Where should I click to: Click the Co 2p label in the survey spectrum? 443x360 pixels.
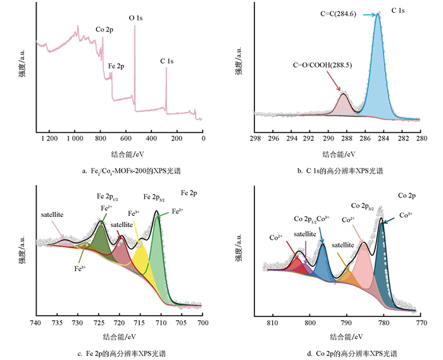[x=104, y=29]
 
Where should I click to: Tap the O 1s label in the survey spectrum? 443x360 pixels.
[x=136, y=19]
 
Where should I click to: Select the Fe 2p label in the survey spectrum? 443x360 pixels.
[x=116, y=65]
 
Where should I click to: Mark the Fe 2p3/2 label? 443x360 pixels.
[x=154, y=197]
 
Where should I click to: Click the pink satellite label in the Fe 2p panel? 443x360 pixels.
[x=56, y=215]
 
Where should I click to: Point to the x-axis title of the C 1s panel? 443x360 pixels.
[x=338, y=154]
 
